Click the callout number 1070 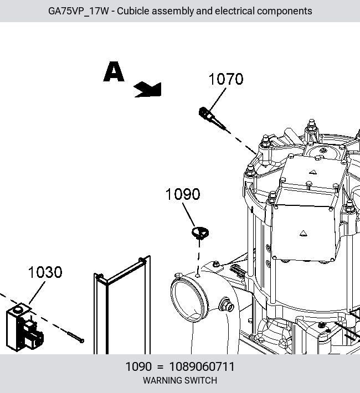coord(226,79)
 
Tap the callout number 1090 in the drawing coord(183,194)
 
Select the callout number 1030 coord(45,272)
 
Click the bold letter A coord(114,71)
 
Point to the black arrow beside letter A coord(148,90)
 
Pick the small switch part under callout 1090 coord(200,233)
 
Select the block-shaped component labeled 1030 coord(24,327)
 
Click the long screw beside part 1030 coord(76,337)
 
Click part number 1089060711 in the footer coord(202,366)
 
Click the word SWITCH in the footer coord(202,380)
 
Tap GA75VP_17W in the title coord(79,11)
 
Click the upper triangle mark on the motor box coord(313,172)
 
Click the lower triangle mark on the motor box coord(304,234)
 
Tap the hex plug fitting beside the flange coord(227,305)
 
